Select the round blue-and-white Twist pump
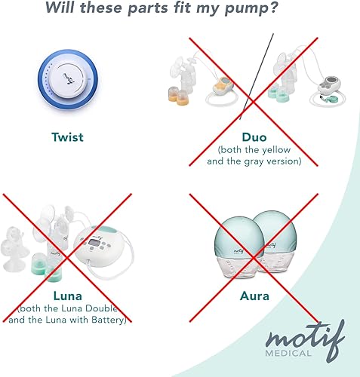point(67,78)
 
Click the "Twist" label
point(67,136)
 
